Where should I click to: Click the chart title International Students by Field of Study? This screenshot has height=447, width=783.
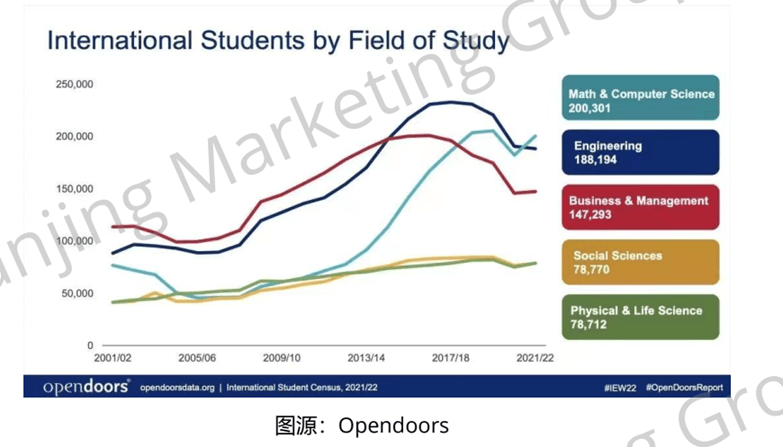click(x=278, y=42)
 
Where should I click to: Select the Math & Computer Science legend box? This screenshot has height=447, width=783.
click(x=640, y=100)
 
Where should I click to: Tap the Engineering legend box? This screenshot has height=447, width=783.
click(x=640, y=152)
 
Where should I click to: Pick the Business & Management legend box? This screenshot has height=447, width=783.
click(x=640, y=207)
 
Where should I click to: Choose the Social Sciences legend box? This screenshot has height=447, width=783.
click(x=640, y=262)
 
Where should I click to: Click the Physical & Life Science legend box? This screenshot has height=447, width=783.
click(x=640, y=317)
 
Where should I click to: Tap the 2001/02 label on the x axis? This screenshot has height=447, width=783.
click(x=113, y=357)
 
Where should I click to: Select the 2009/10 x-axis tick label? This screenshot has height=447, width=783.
click(x=281, y=357)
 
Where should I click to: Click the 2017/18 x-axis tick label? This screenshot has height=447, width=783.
click(x=449, y=357)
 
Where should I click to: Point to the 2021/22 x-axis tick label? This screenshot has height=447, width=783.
click(x=533, y=357)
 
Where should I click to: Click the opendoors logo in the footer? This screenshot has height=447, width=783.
click(x=85, y=387)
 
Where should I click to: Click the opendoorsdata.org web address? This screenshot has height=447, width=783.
click(x=178, y=387)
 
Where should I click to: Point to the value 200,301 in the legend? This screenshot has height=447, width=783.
click(x=596, y=108)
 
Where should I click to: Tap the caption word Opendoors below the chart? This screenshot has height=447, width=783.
click(x=393, y=425)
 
